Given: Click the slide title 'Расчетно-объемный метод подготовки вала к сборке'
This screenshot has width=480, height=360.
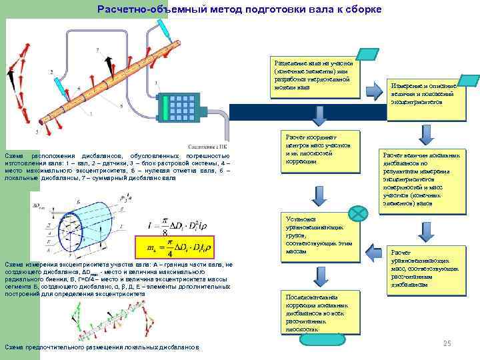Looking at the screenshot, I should (x=239, y=9).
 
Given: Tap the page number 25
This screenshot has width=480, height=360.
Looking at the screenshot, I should (x=447, y=343).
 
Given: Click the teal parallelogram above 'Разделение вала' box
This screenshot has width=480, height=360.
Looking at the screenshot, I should (x=368, y=54).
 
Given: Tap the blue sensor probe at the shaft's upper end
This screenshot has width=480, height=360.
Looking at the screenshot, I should (x=163, y=28).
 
